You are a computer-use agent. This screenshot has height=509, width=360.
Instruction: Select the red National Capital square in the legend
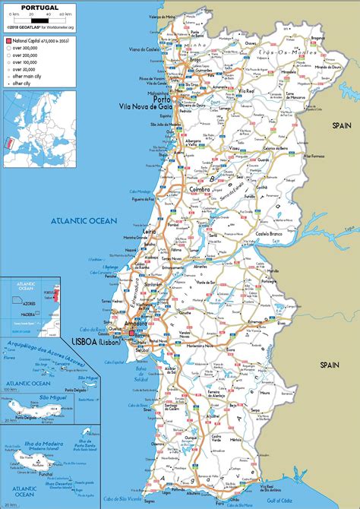click(8, 39)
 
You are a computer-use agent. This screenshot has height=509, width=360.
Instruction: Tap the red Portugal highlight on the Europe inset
click(9, 143)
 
